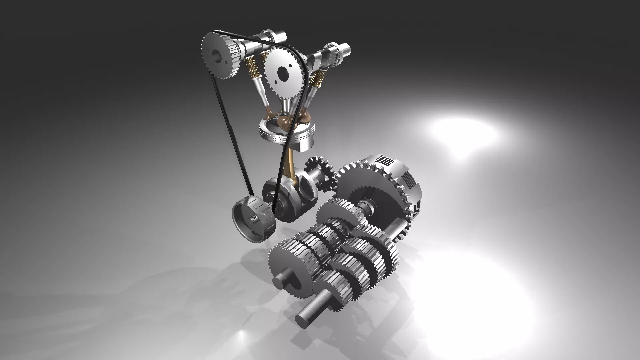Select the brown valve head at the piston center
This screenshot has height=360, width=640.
(283, 118)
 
